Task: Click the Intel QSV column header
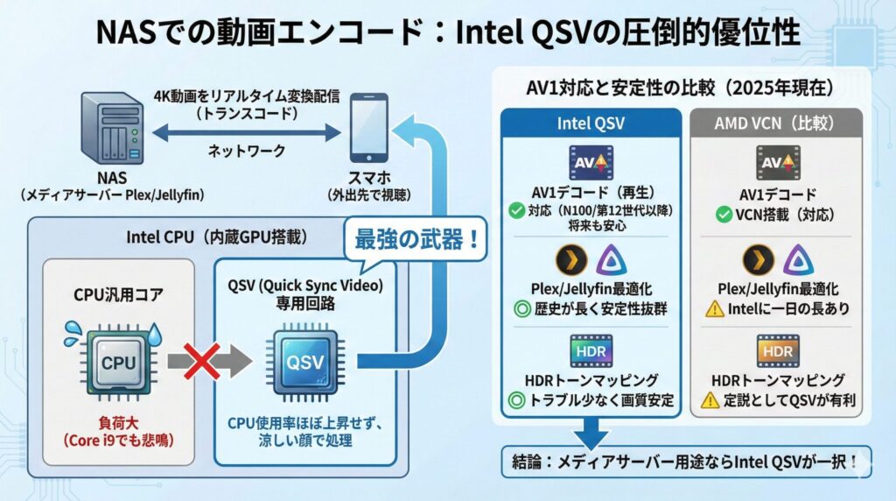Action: point(591,123)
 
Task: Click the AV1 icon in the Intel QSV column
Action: point(591,165)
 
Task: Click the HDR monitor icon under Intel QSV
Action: point(591,350)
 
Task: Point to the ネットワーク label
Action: point(246,152)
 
